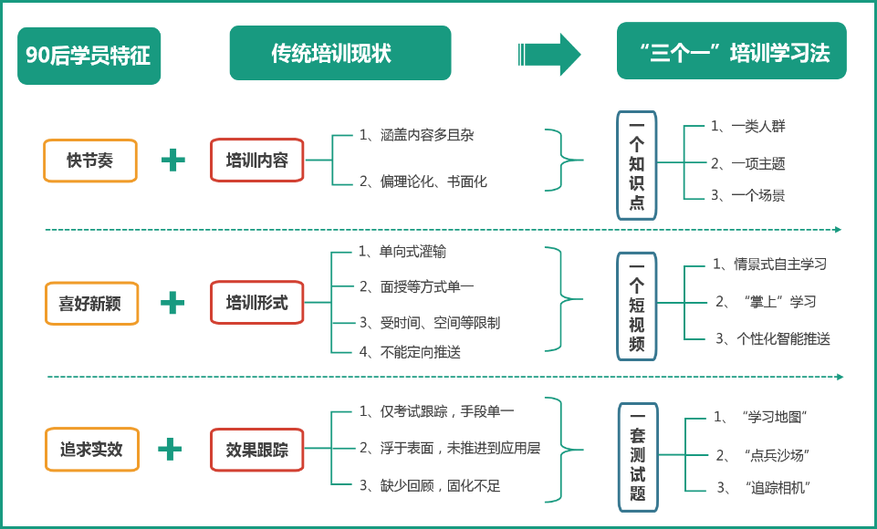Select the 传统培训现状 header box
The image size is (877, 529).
[x=339, y=53]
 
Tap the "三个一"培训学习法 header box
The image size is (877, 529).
[x=731, y=52]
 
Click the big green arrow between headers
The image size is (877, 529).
[x=549, y=54]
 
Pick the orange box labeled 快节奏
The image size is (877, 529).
[x=90, y=161]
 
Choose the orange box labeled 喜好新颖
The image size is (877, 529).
[x=91, y=303]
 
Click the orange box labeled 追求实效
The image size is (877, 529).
[x=92, y=449]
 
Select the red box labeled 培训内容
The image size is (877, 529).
[x=256, y=161]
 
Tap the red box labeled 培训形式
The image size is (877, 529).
[x=256, y=303]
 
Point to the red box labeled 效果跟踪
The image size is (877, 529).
[x=256, y=450]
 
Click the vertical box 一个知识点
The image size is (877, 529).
[x=636, y=165]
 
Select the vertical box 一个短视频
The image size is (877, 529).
[x=636, y=306]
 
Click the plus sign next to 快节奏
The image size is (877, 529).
[x=172, y=161]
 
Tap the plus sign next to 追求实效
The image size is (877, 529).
[x=170, y=449]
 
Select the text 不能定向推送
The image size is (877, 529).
[x=420, y=351]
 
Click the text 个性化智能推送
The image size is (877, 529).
[x=783, y=338]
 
